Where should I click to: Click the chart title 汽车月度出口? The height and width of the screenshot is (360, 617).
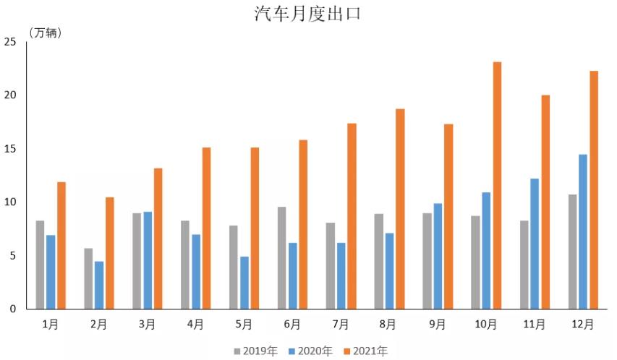point(307,14)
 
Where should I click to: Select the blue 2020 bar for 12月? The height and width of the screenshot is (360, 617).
point(583,231)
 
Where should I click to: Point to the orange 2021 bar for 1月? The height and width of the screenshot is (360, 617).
point(61,245)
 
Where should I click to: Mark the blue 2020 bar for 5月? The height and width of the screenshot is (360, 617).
point(244,283)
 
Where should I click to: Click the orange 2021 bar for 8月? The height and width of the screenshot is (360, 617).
point(400,209)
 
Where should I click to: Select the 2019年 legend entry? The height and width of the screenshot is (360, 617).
point(255,351)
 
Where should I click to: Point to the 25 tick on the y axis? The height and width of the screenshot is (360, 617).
point(10,42)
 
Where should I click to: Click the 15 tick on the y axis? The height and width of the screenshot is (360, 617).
point(10,149)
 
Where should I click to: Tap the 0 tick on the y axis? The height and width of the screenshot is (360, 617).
point(12,309)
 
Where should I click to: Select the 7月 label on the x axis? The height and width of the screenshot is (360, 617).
point(341,325)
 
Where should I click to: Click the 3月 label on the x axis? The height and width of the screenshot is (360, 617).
point(147,325)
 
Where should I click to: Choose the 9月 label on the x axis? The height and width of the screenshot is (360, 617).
point(438,325)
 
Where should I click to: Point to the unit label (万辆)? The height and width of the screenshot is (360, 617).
point(45,33)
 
